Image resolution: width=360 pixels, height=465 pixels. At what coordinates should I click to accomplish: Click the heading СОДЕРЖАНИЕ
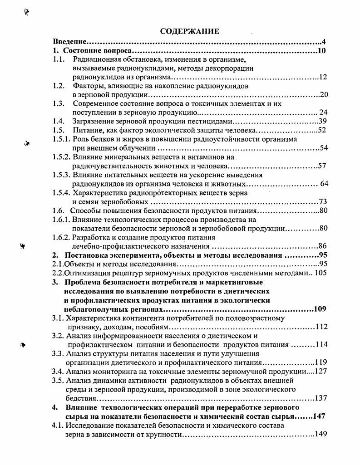(190, 31)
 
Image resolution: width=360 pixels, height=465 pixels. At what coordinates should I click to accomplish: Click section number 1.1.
(58, 59)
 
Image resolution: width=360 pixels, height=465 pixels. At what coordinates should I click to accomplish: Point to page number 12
(323, 77)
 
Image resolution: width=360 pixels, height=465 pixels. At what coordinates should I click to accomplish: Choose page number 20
(324, 95)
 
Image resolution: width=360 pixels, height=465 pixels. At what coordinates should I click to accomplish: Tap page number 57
(322, 166)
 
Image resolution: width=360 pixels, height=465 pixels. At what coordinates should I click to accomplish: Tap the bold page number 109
(320, 309)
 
